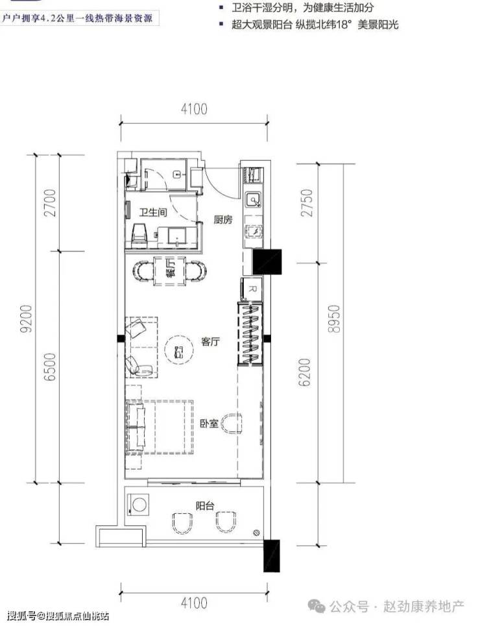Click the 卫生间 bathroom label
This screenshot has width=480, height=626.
pos(153,212)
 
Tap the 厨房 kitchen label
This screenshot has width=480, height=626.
pos(223,219)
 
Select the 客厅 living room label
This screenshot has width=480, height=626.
pos(210,342)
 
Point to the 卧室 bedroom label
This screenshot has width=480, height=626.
pos(210,423)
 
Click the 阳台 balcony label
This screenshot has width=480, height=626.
pos(205,506)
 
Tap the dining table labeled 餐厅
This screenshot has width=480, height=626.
pos(170,271)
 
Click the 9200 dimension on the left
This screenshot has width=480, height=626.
pos(27,319)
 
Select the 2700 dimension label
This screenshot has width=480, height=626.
pos(51,202)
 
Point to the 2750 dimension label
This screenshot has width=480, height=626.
pos(308,203)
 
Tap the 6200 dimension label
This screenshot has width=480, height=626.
pos(305,372)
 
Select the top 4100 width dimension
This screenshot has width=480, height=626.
pos(194,108)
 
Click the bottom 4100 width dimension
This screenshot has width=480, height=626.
pos(194,603)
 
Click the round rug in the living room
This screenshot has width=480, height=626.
pos(179,350)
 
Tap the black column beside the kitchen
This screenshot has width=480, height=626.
pos(267,261)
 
